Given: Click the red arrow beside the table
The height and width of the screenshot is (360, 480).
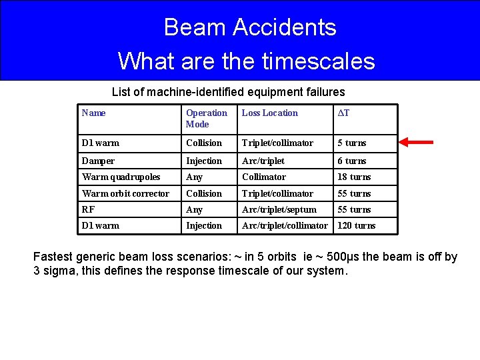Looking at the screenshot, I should pos(415,142).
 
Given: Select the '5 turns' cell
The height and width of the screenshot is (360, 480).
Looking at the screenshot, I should pos(351,143).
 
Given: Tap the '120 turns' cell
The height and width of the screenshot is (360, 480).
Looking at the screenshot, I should pos(356,225).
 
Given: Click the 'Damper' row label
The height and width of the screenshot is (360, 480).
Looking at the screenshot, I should pos(98,161).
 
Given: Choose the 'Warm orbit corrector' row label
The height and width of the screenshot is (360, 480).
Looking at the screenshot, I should pos(125,193).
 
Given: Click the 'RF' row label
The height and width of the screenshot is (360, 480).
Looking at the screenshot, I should pos(88,209).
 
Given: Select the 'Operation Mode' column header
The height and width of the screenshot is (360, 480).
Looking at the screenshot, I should pos(206,119).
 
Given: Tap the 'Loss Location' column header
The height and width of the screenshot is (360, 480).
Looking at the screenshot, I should pos(269,113).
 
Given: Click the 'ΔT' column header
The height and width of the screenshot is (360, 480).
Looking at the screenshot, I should pos(343,113).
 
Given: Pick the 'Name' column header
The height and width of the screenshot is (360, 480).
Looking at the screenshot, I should pos(93,113).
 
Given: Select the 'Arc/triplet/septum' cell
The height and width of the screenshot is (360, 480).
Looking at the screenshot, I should pos(279,209).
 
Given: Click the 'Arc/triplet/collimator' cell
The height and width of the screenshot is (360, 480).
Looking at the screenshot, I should pos(285,225).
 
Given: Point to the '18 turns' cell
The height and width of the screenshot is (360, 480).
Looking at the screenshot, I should pos(354,177).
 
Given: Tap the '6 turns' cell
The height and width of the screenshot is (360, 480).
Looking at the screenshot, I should pos(351,161).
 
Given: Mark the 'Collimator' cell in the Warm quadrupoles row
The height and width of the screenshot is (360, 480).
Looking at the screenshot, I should pos(263,177).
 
